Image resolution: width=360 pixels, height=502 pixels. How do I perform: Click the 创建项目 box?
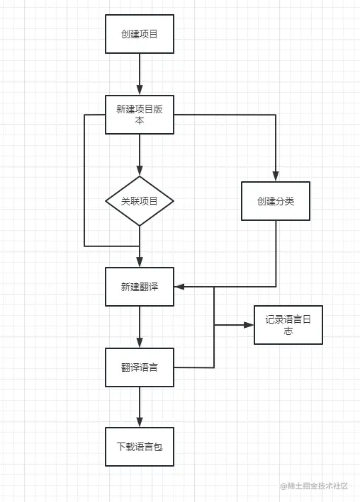coord(140,34)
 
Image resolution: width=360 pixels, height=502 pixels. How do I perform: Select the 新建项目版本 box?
coord(140,115)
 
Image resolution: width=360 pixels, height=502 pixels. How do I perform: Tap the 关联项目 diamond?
coord(140,201)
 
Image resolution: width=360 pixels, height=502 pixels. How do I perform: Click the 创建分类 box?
coord(276,201)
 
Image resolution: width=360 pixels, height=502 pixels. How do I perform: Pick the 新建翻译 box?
coord(140,287)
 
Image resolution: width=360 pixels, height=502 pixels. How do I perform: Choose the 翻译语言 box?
coord(140,367)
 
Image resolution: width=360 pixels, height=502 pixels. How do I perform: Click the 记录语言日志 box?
coord(288,325)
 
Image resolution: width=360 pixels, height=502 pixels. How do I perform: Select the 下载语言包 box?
coord(140,447)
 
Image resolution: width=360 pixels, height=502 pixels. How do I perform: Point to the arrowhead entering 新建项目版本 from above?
coord(140,90)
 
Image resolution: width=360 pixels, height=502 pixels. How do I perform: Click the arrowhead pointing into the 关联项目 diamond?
coord(140,171)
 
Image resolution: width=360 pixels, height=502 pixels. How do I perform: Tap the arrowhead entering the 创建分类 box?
coord(276,176)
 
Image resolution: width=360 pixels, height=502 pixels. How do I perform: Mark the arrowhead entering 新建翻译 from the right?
coord(179,287)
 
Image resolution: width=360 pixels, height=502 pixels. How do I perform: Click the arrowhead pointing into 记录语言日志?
coord(249,325)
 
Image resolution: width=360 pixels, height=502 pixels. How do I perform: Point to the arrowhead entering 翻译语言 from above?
coord(140,343)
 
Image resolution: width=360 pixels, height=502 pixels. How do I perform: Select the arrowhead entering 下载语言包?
coord(140,422)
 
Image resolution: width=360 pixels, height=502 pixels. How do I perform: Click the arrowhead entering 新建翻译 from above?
coord(140,262)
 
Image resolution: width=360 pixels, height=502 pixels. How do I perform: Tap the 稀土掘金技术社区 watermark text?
coord(317,486)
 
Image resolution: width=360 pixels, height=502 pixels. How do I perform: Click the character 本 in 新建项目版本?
coord(140,120)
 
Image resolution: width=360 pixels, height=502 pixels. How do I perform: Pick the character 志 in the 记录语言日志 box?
coord(288,331)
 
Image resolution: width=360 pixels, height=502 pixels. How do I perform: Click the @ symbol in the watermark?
coord(283,486)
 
